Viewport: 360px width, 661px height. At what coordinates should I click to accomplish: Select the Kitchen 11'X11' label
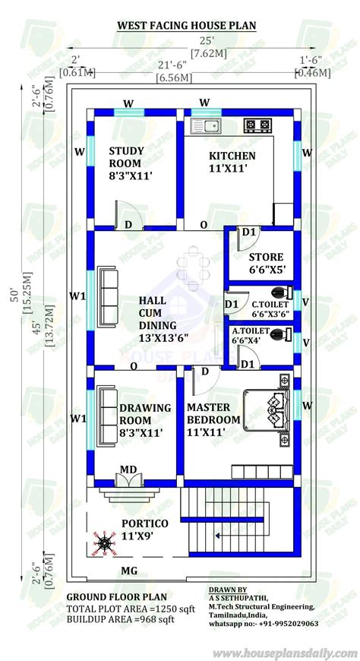click(232, 162)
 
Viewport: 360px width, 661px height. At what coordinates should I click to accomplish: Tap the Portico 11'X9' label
click(144, 530)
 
